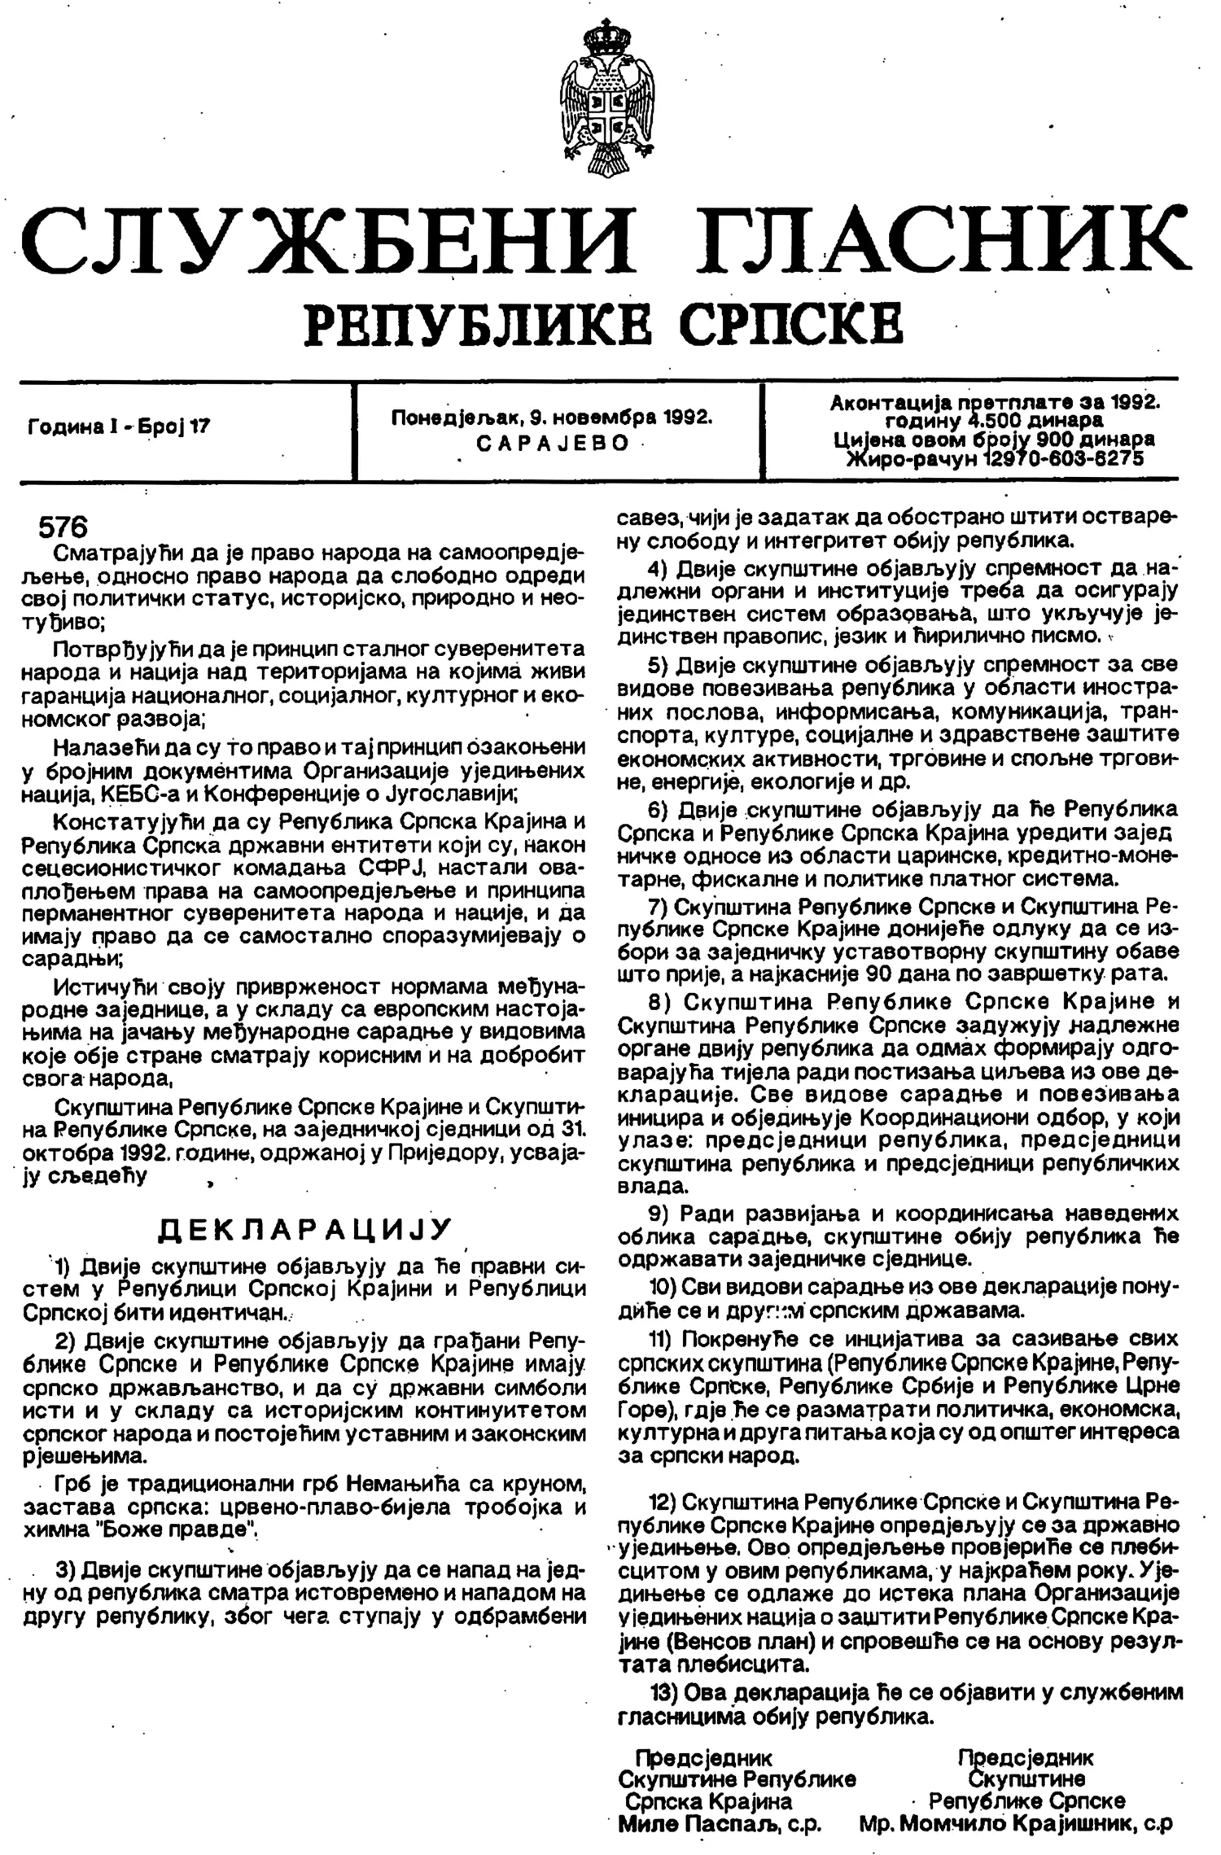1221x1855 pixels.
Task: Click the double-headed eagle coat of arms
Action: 607,92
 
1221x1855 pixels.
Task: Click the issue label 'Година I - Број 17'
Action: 119,425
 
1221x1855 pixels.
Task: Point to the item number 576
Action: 63,528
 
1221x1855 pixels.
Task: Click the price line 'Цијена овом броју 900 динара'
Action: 995,440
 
